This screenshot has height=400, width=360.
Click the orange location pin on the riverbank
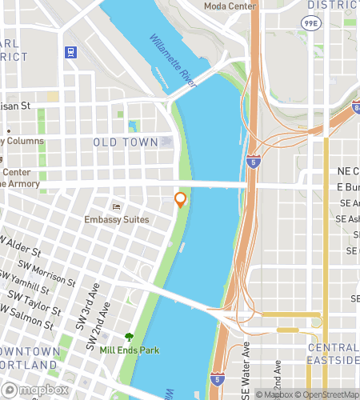(x=181, y=200)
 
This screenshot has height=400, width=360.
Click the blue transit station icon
(x=70, y=53)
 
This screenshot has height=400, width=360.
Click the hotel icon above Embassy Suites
(x=117, y=206)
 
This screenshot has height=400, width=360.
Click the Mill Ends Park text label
(x=129, y=350)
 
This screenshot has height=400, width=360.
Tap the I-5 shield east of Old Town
(x=253, y=162)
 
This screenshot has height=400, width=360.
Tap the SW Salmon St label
(x=30, y=318)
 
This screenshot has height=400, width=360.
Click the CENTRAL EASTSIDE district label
(x=333, y=355)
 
